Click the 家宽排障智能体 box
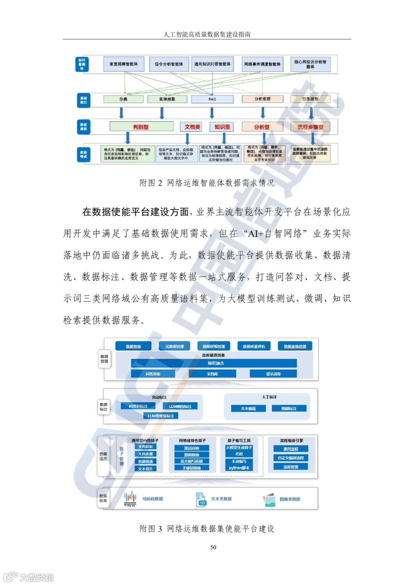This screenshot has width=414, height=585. click(123, 64)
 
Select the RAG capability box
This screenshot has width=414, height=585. click(212, 99)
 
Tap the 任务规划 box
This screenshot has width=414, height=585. click(310, 99)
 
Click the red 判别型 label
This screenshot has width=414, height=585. click(141, 127)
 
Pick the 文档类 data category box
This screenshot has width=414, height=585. click(192, 127)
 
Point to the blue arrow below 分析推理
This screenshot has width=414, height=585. click(263, 112)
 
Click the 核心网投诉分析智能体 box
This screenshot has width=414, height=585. click(310, 64)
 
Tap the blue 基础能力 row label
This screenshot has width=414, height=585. click(83, 100)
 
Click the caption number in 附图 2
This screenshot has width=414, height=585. click(160, 183)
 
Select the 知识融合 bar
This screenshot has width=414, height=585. click(214, 363)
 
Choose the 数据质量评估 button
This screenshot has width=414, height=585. click(254, 347)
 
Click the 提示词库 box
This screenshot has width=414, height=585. click(273, 374)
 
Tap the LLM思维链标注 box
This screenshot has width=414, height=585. click(161, 416)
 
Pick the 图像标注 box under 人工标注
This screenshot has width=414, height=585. click(289, 409)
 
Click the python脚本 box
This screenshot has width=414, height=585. click(239, 468)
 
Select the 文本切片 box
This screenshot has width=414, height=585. click(145, 469)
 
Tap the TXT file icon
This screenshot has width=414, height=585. click(201, 500)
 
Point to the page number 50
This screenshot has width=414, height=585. click(213, 547)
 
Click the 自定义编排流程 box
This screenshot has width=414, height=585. click(291, 458)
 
